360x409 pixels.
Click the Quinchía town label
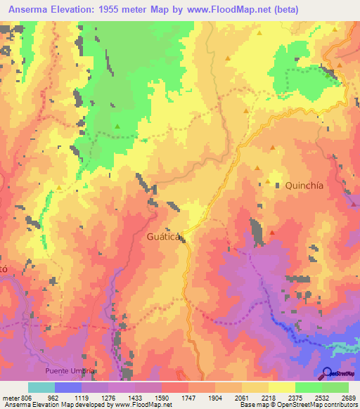pos(304,186)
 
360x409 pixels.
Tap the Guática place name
pos(164,237)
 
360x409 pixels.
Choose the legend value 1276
pos(100,397)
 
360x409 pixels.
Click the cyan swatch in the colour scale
pos(41,387)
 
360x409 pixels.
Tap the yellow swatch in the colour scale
pos(281,387)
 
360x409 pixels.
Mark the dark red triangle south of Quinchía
pos(273,233)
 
